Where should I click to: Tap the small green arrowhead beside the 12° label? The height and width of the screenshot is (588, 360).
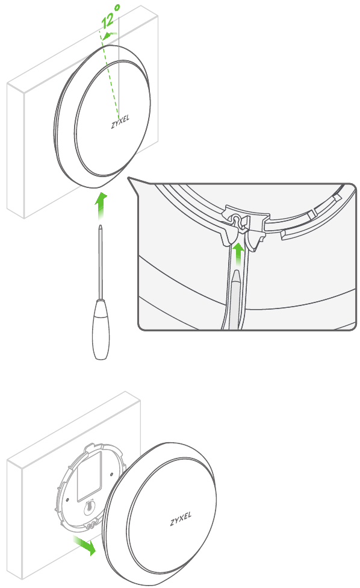(108, 36)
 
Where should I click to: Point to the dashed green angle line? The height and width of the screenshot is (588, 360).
(108, 73)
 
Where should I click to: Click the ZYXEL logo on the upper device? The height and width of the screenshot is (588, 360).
(120, 122)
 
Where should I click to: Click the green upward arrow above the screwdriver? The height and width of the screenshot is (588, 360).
(100, 206)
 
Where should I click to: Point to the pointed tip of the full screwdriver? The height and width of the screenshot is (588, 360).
(100, 226)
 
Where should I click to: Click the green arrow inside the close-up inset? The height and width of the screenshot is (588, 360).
(238, 255)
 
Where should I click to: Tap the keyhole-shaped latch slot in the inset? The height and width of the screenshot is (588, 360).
(236, 220)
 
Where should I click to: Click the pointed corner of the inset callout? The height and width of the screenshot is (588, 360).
(128, 177)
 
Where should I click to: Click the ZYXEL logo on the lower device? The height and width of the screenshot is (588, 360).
(181, 519)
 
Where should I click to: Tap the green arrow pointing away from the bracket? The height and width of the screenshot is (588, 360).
(84, 545)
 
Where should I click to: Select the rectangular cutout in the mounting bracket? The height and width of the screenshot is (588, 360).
(89, 477)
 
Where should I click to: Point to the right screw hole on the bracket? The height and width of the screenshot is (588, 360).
(111, 474)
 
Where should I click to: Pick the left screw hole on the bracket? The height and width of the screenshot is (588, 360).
(66, 499)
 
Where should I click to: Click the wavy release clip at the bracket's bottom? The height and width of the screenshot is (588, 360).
(91, 524)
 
